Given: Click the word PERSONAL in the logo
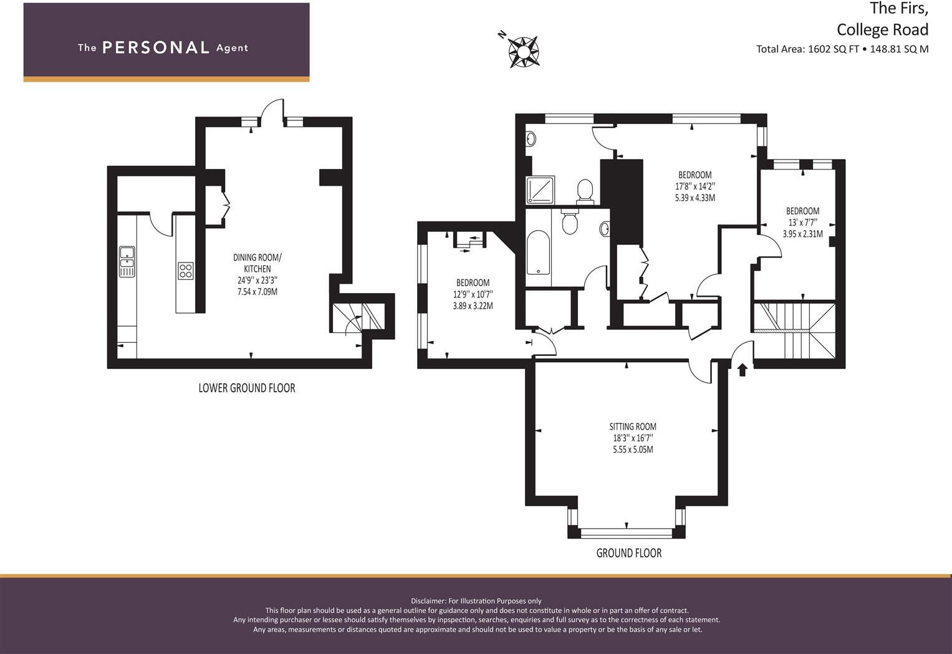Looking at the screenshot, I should [x=155, y=48].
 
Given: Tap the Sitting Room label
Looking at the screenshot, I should [x=632, y=427].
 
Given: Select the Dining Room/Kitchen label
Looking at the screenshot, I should [x=257, y=263].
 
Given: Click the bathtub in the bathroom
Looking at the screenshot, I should [x=538, y=253].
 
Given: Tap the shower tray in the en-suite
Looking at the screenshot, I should [x=539, y=190].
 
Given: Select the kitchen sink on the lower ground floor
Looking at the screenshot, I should [x=127, y=261].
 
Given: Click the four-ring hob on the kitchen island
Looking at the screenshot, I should [x=186, y=271].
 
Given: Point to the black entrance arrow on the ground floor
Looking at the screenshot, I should [x=742, y=370].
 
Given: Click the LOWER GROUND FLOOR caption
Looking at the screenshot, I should [x=246, y=388].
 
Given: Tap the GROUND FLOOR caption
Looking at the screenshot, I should [x=628, y=553].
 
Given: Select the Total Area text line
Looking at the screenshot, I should [x=842, y=49].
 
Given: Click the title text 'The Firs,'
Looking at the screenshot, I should [x=898, y=8].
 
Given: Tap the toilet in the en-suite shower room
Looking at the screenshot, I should [x=585, y=190].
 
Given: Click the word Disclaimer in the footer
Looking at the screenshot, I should [x=428, y=601].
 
